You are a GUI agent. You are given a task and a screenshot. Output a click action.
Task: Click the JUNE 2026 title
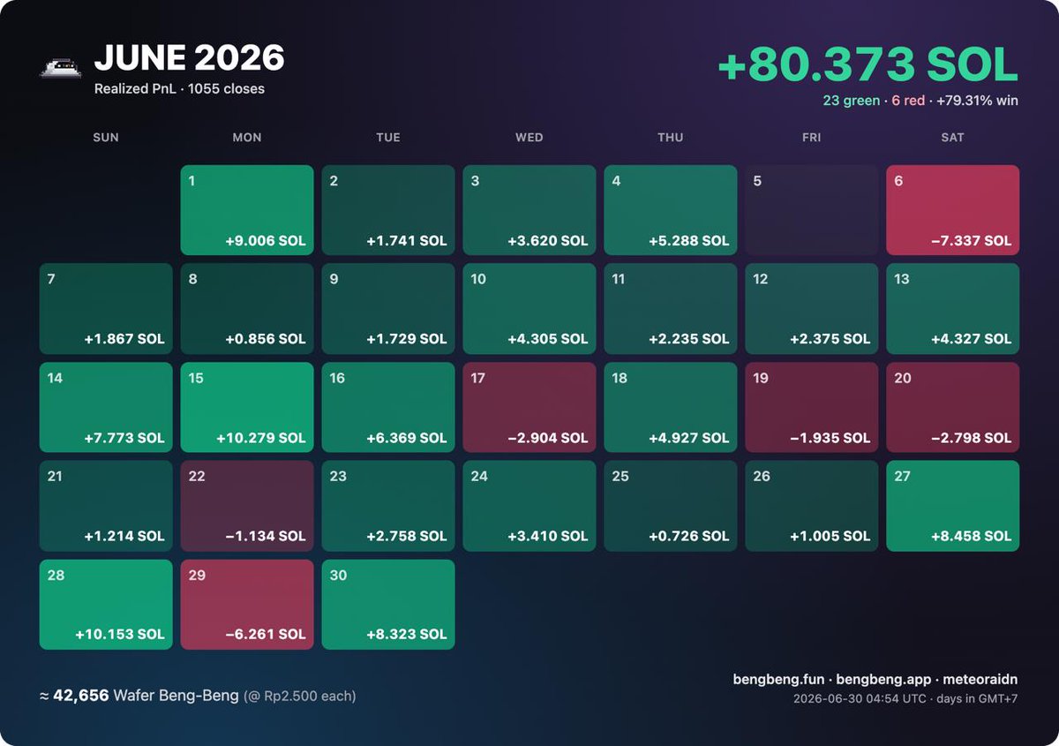[x=189, y=57]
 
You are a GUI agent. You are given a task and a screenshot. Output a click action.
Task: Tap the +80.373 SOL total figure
[x=867, y=64]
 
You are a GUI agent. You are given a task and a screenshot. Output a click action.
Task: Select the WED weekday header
[x=529, y=137]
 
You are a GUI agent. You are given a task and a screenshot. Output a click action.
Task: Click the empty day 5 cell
[x=811, y=210]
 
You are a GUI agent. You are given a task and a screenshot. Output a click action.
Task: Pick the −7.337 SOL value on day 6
[x=971, y=241]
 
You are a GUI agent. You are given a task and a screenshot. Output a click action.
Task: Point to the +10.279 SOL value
[x=261, y=438]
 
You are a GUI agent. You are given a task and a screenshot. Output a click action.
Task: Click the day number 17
[x=477, y=378]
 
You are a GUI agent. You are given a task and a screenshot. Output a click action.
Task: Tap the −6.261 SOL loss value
[x=266, y=635]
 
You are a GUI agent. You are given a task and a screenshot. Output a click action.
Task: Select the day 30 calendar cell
[x=388, y=605]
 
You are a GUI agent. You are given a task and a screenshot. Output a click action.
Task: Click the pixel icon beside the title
[x=61, y=68]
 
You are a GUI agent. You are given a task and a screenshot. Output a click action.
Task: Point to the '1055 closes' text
[x=226, y=89]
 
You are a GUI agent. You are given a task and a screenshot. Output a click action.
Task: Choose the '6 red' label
[x=908, y=101]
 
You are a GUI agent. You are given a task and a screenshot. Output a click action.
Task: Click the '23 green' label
[x=851, y=101]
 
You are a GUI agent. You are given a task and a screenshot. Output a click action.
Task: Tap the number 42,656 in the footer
[x=81, y=696]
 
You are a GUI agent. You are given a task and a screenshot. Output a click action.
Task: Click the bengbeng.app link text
[x=883, y=679]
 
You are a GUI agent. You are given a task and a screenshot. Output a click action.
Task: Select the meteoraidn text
[x=980, y=679]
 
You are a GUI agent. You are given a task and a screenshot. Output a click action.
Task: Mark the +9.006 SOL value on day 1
[x=266, y=241]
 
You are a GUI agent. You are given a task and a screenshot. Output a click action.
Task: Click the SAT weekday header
[x=952, y=137]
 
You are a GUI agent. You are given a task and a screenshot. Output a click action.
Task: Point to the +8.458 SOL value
[x=971, y=536]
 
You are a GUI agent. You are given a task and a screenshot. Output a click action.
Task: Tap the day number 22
[x=197, y=476]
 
